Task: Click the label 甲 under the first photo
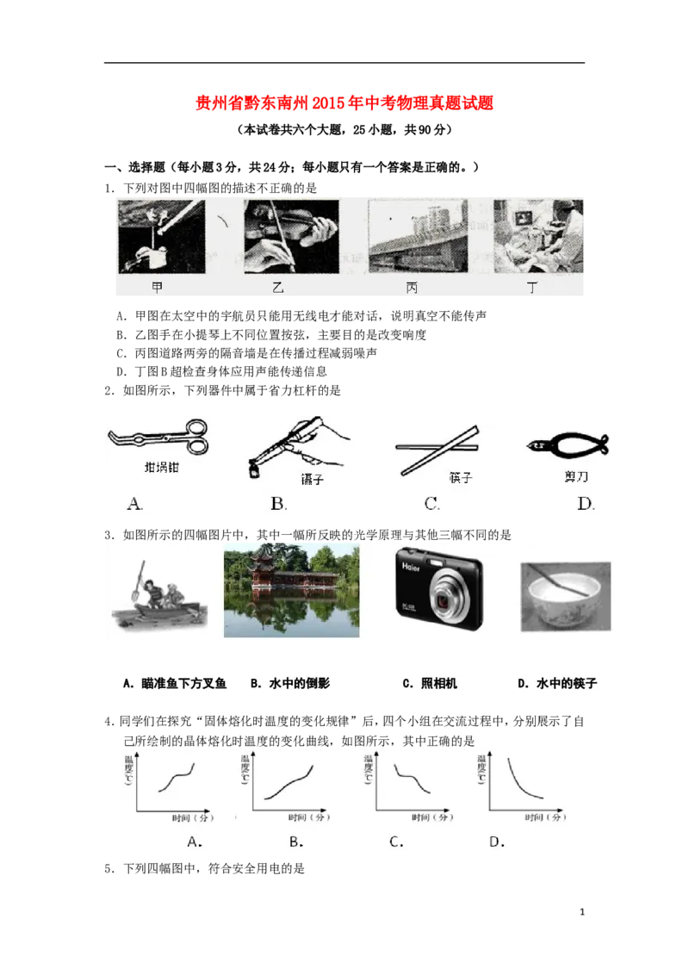tap(157, 288)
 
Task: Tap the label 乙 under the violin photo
tap(278, 288)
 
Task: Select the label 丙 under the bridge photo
tap(413, 288)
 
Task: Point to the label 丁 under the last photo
tap(531, 288)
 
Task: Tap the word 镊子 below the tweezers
tap(312, 480)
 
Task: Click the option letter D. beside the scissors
tap(587, 504)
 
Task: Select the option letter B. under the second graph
tap(296, 841)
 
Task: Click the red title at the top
tap(344, 103)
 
